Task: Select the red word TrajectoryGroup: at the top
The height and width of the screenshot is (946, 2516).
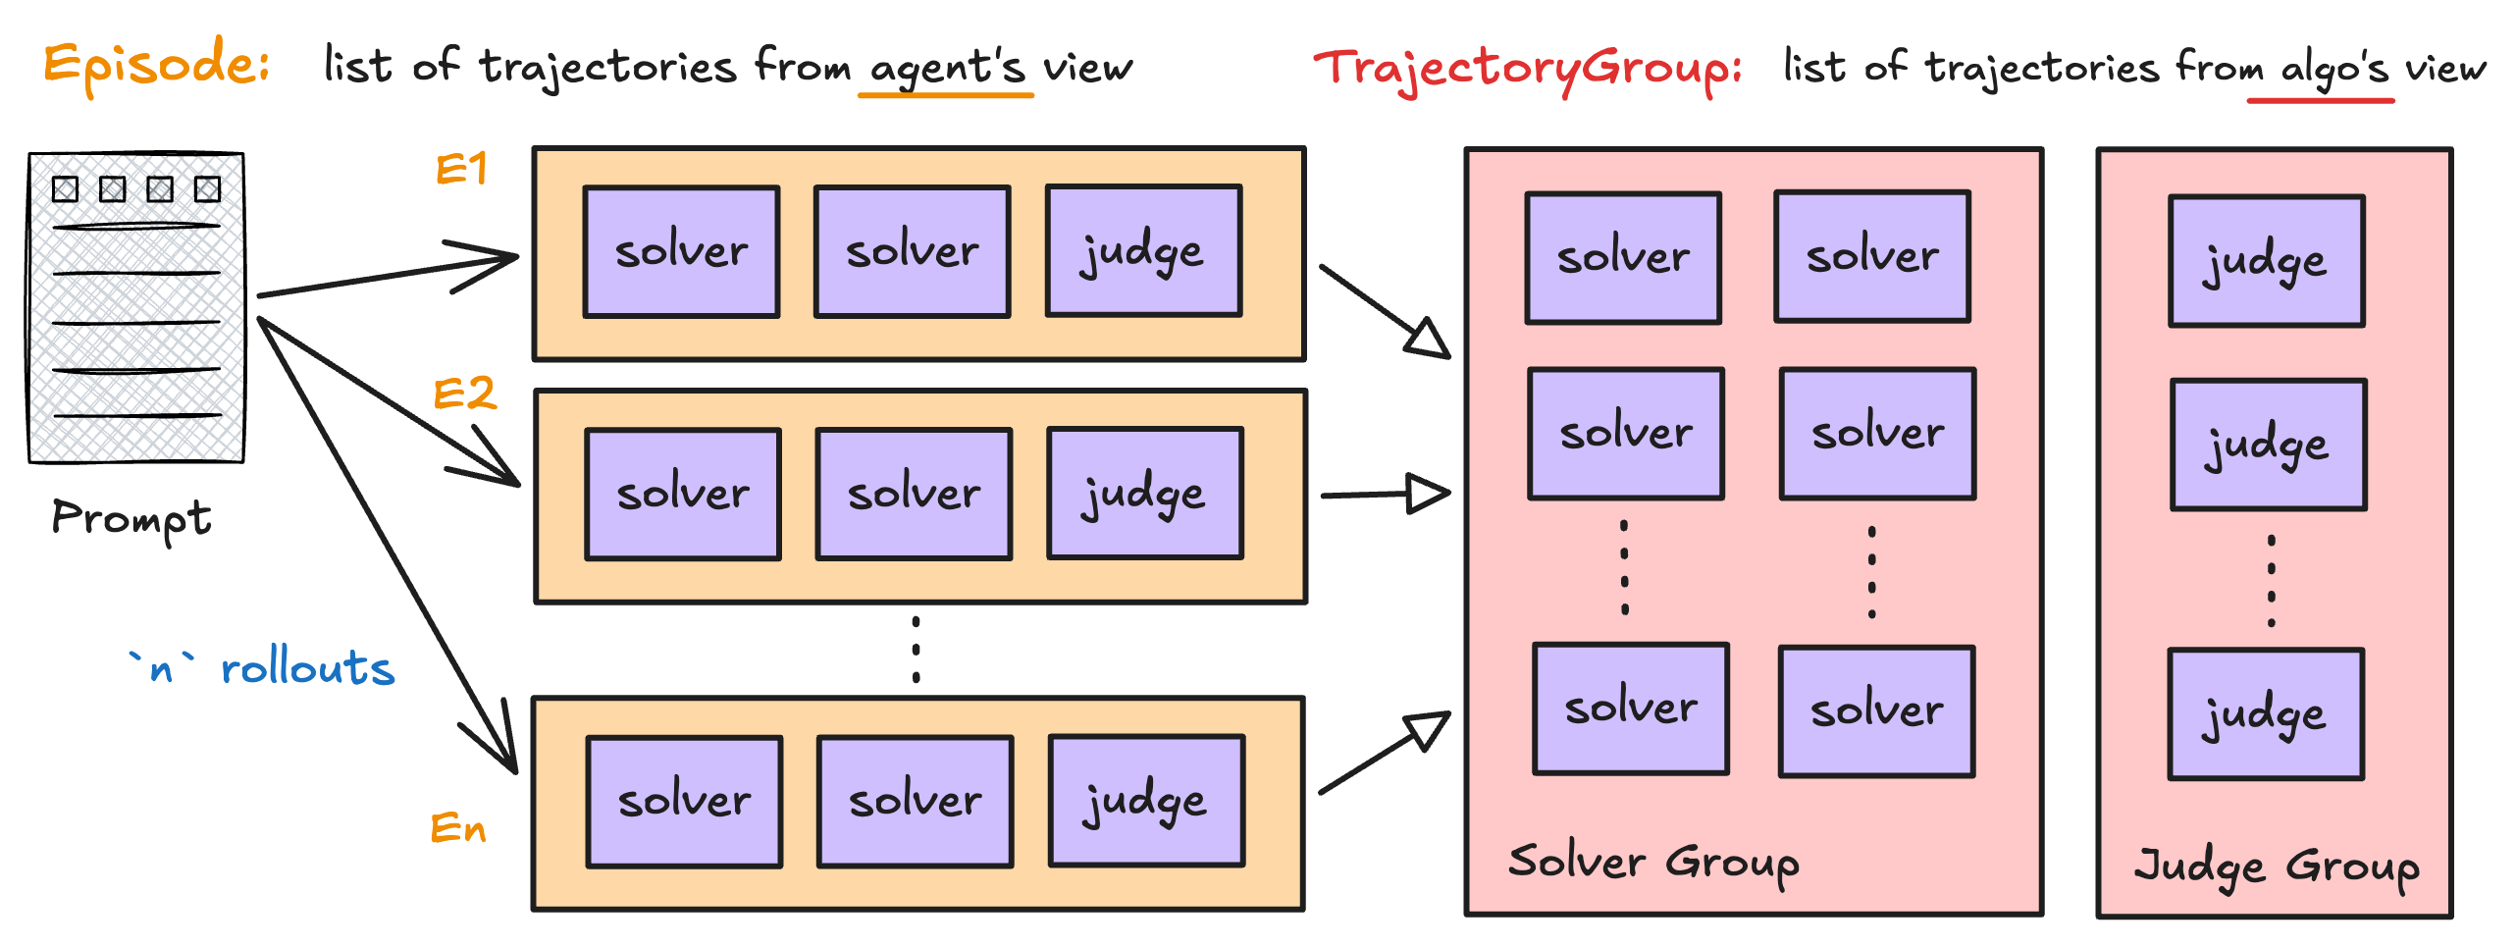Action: [x=1527, y=69]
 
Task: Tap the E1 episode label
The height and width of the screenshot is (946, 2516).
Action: [x=461, y=170]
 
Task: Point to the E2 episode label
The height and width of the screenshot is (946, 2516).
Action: [x=464, y=394]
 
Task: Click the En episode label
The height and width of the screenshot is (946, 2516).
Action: [x=458, y=828]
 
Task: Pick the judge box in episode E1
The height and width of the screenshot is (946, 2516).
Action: [x=1143, y=252]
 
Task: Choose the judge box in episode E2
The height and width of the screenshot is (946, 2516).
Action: [x=1145, y=494]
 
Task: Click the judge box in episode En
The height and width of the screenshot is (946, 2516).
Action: [x=1146, y=801]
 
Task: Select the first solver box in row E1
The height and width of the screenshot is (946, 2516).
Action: [x=681, y=252]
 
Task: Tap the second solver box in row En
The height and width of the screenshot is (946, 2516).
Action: [x=915, y=801]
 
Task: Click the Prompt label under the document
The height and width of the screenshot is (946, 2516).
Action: [x=131, y=518]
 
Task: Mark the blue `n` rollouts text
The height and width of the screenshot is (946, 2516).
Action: [x=263, y=668]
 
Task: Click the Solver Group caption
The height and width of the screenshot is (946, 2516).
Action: [x=1653, y=862]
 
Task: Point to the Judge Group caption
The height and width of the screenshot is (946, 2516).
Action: [x=2277, y=866]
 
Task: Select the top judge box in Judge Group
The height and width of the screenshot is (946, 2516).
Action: [x=2266, y=261]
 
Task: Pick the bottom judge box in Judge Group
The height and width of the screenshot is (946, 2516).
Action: [x=2265, y=714]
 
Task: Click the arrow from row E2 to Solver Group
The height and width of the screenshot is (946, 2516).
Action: [x=1384, y=494]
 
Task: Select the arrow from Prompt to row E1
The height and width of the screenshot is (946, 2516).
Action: [x=388, y=276]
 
